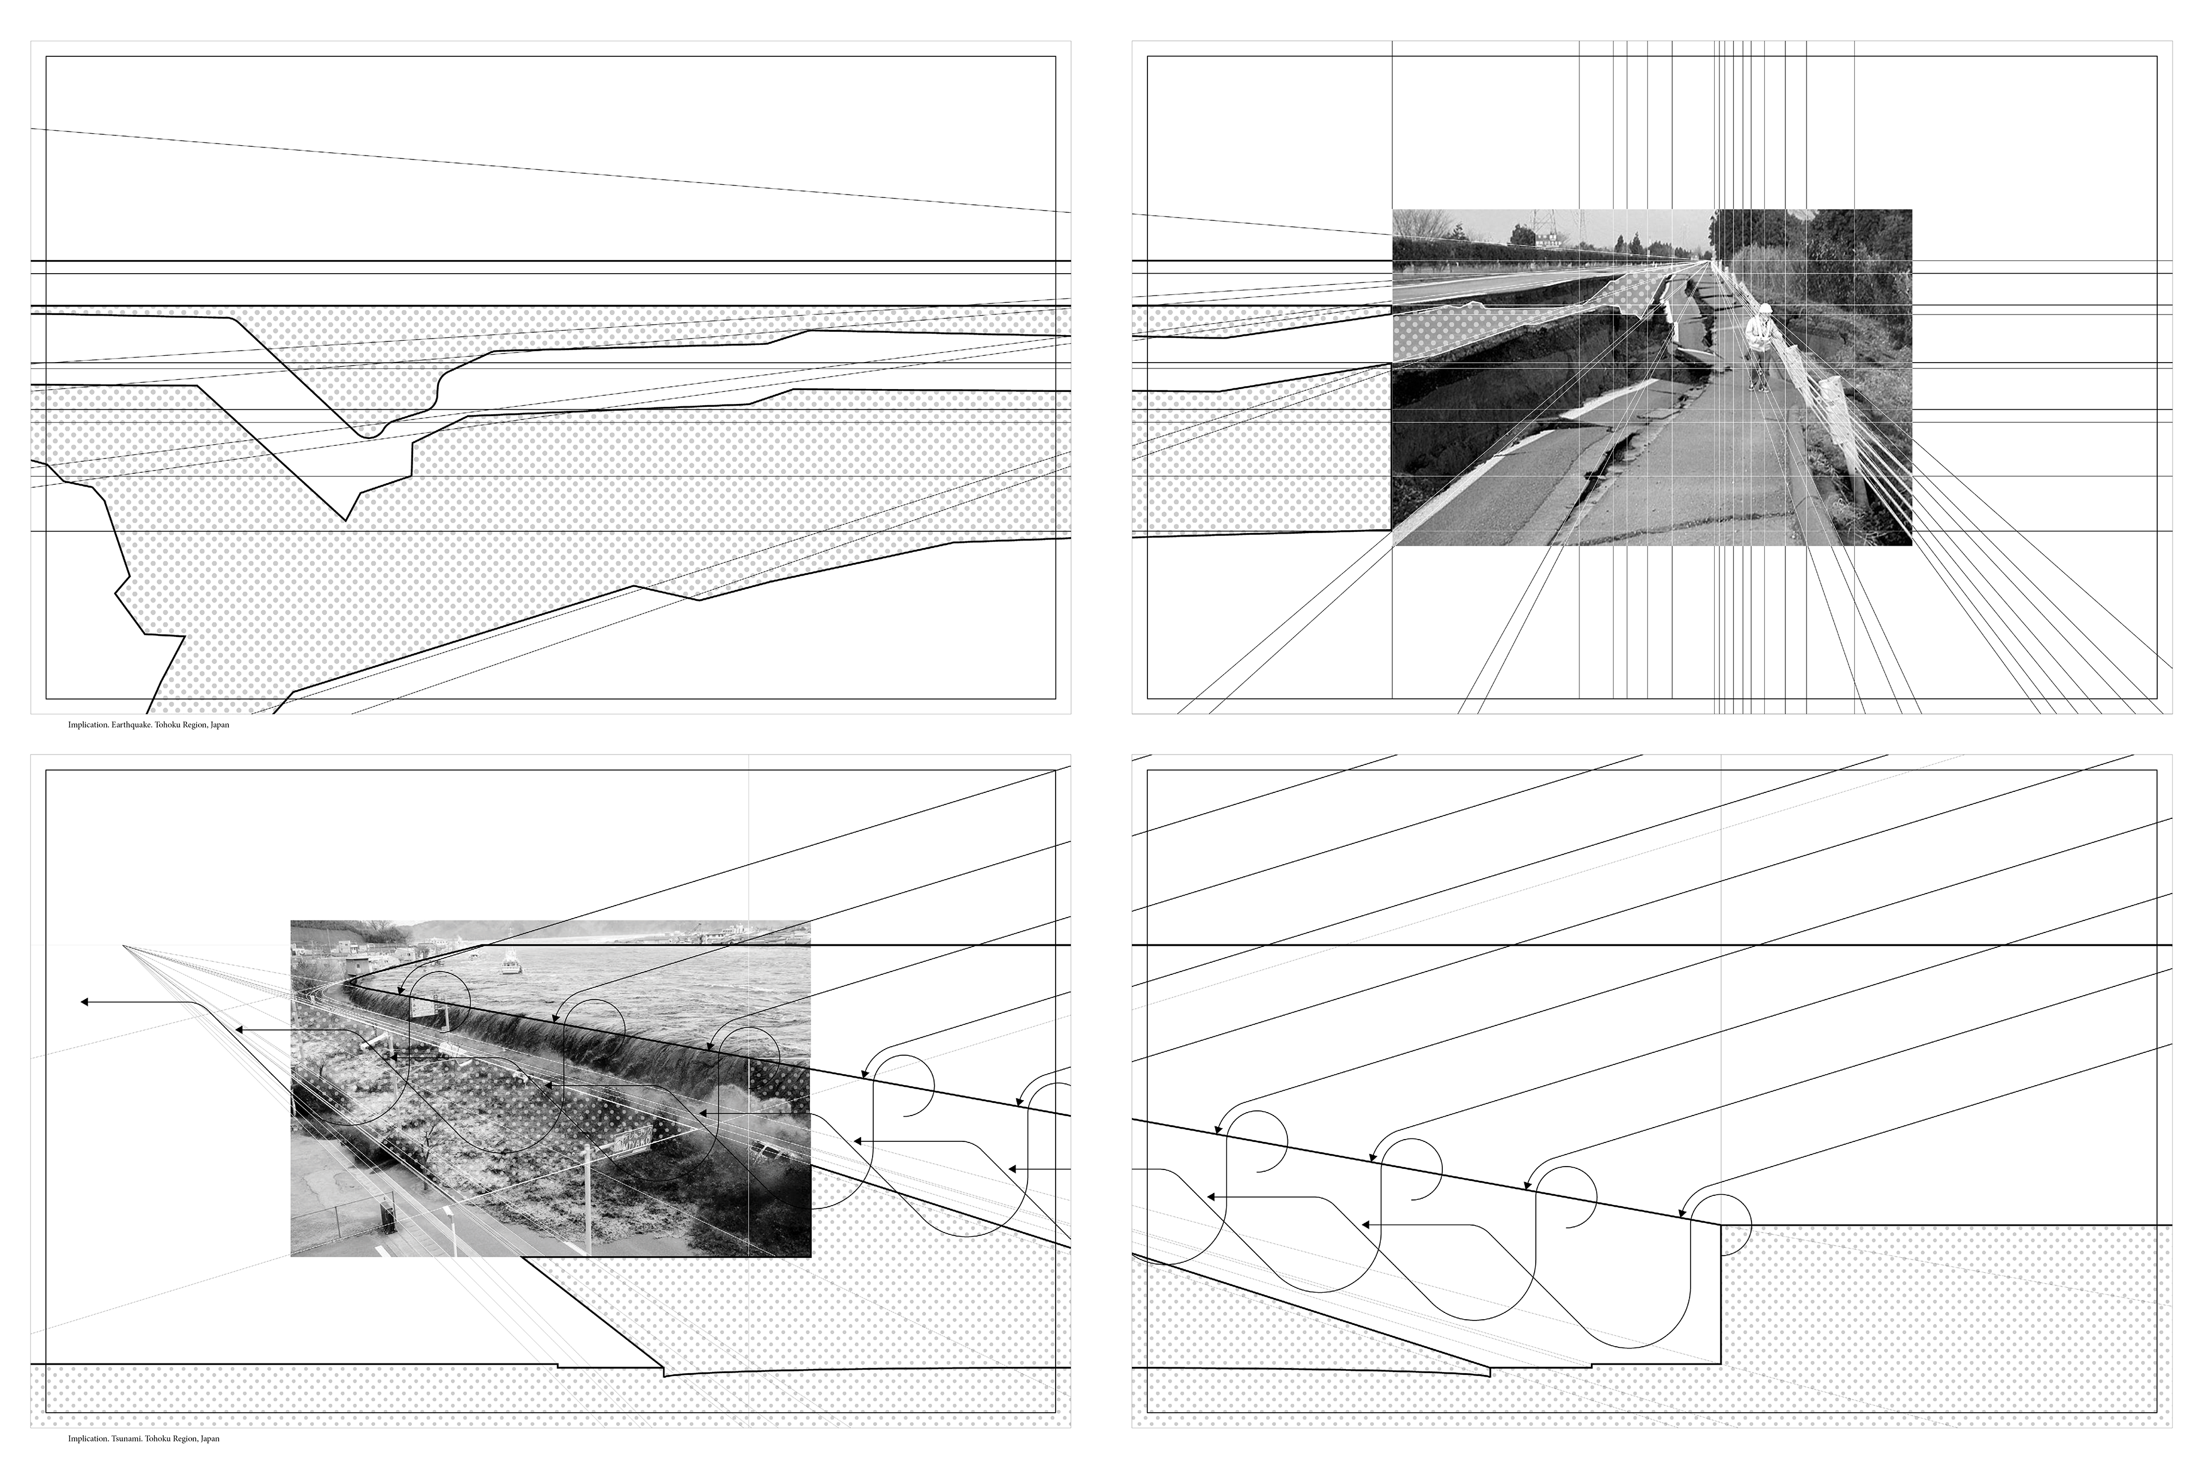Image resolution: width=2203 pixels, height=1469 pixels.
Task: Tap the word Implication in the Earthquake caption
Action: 88,725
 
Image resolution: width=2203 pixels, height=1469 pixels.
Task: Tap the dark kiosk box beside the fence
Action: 387,1216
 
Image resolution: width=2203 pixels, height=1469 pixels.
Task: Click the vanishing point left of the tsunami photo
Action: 124,946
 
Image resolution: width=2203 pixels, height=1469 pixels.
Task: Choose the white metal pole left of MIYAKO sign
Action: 587,1190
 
